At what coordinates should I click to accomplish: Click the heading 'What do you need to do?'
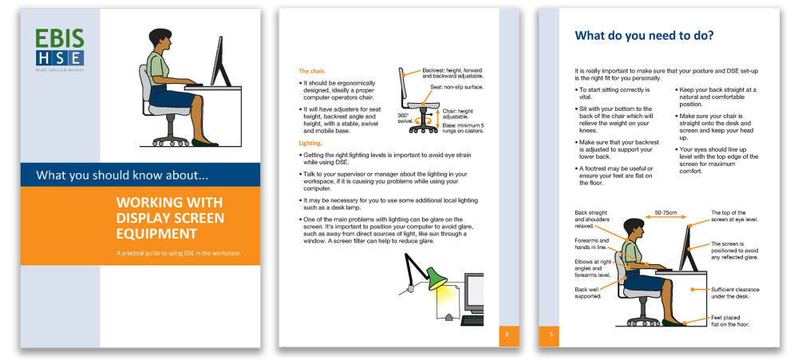(x=644, y=36)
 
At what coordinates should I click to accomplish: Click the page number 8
(x=508, y=334)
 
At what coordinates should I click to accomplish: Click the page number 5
(x=551, y=334)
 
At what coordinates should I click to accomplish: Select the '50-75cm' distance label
(x=666, y=214)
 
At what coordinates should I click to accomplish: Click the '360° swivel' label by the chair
(x=405, y=119)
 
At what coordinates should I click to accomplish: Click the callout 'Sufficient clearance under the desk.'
(x=735, y=293)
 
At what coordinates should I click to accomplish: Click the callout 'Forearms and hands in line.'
(x=592, y=243)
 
